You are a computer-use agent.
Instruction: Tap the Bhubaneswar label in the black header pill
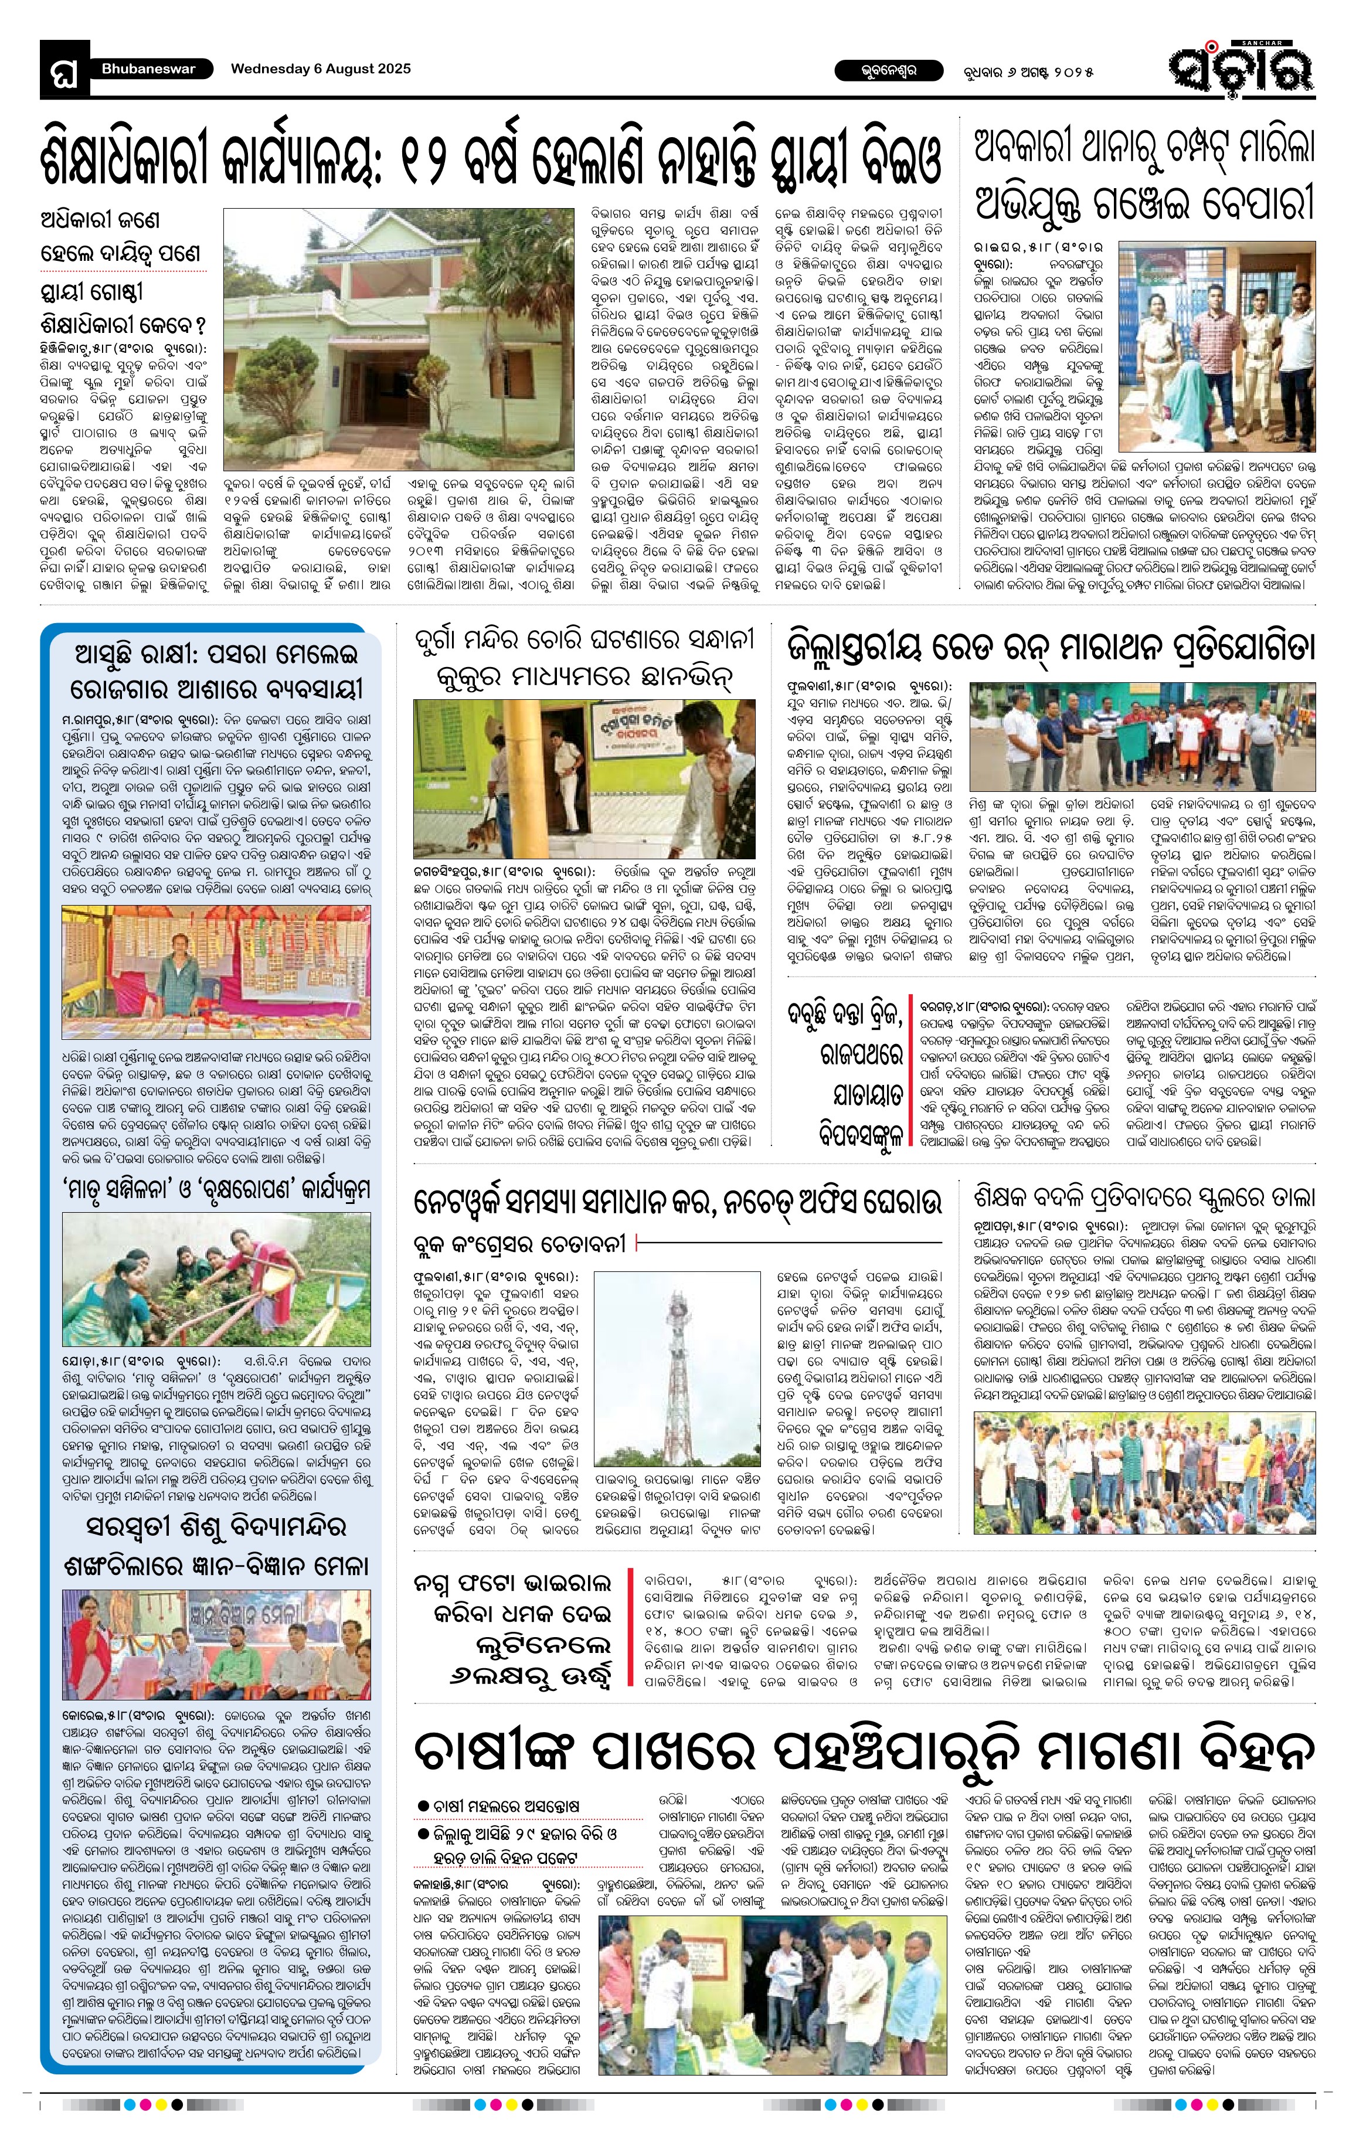click(x=148, y=69)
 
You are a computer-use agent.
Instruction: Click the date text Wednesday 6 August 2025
click(x=321, y=69)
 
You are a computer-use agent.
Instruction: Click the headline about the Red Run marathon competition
click(x=1051, y=648)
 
